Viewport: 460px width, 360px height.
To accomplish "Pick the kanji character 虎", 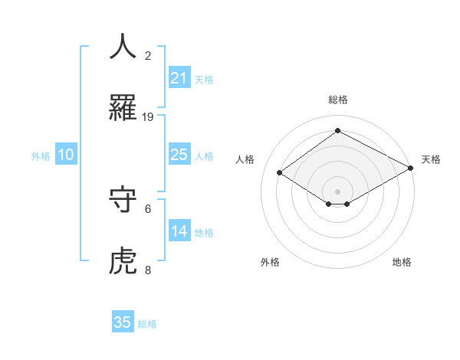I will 123,261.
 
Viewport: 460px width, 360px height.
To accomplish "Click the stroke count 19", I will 148,117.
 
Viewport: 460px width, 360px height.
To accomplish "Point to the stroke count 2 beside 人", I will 148,56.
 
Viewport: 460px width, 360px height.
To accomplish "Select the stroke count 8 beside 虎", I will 148,270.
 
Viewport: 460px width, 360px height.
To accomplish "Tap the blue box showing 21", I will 179,78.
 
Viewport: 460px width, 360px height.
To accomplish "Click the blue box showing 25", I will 179,155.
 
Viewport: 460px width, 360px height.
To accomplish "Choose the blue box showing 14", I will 179,231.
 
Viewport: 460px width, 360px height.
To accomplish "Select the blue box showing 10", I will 66,155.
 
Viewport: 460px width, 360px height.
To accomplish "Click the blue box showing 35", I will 123,322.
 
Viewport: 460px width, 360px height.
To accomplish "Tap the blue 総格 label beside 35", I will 147,324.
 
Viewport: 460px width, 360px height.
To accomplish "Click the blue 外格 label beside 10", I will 41,156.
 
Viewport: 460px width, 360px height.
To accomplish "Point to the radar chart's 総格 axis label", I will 338,100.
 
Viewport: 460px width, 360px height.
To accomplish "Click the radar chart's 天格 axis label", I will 431,159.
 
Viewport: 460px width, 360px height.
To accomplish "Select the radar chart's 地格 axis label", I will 402,262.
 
